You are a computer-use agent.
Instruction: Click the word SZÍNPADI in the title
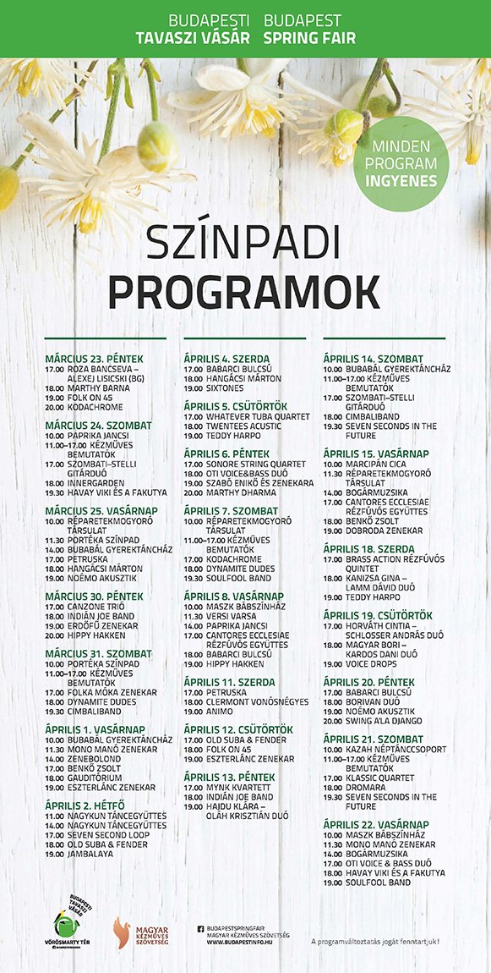(x=245, y=244)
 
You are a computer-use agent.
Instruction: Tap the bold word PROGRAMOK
(x=245, y=291)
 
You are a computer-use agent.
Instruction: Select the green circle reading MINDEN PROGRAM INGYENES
(x=401, y=163)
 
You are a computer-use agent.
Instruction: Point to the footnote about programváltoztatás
(x=375, y=941)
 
